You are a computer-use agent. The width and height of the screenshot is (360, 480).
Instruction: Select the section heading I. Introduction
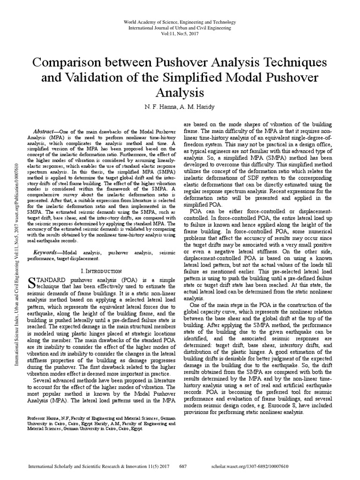(102, 271)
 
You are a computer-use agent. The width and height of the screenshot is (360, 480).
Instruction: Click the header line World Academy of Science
(180, 22)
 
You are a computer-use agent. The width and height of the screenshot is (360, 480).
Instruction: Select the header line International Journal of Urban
(180, 29)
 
